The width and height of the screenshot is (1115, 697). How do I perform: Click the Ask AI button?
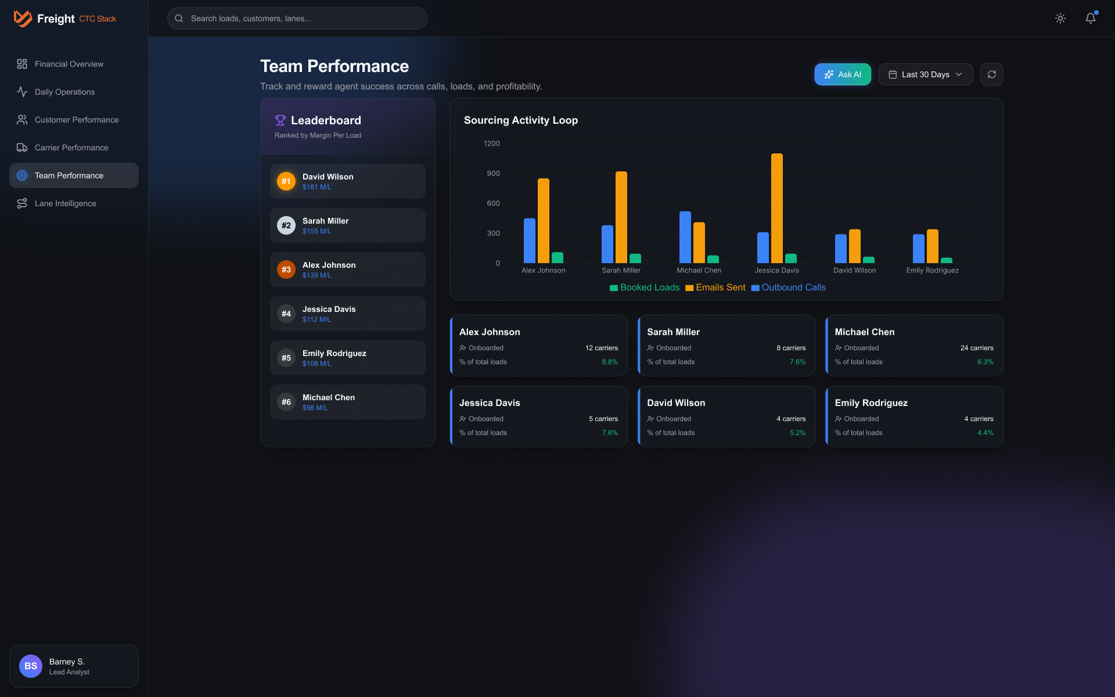(x=842, y=74)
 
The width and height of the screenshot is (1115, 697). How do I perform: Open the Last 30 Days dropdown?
(x=925, y=74)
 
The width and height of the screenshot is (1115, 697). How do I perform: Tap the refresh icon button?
(x=991, y=74)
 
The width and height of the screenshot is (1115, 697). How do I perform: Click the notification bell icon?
(x=1090, y=19)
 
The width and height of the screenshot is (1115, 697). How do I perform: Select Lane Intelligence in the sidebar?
(x=65, y=203)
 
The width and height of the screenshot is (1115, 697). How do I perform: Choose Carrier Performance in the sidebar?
(x=71, y=148)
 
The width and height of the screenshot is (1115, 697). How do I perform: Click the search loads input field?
(x=297, y=19)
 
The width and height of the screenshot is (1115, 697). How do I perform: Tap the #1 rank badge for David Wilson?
(x=286, y=181)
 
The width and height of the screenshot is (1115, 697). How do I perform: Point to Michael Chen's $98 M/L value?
(x=315, y=408)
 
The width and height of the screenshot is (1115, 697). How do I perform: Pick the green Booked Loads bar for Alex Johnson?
(x=557, y=258)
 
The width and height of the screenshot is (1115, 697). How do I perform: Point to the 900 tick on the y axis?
(x=493, y=174)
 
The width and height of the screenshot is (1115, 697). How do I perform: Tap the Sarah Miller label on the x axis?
(x=621, y=271)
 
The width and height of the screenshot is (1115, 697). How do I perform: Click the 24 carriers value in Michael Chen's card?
(x=976, y=348)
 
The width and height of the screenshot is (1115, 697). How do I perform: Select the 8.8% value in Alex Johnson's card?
(x=609, y=362)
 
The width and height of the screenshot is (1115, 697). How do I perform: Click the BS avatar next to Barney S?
(x=31, y=666)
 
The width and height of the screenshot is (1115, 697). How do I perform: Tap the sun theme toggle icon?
(x=1060, y=19)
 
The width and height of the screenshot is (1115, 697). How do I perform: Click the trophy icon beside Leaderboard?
(x=280, y=120)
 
